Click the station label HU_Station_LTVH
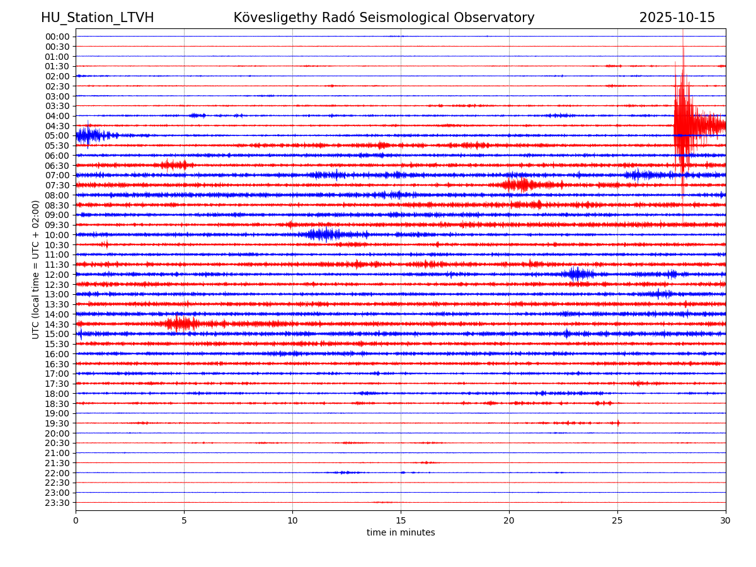click(x=97, y=18)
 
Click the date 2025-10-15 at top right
click(x=677, y=18)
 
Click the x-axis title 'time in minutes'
click(x=401, y=533)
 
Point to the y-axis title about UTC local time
click(x=36, y=269)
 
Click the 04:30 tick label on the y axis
click(x=57, y=126)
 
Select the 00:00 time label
click(x=57, y=37)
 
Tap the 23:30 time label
click(x=57, y=503)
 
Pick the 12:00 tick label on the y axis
click(x=57, y=275)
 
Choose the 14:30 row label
click(x=57, y=324)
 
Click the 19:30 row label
click(x=57, y=423)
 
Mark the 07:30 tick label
click(x=57, y=185)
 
